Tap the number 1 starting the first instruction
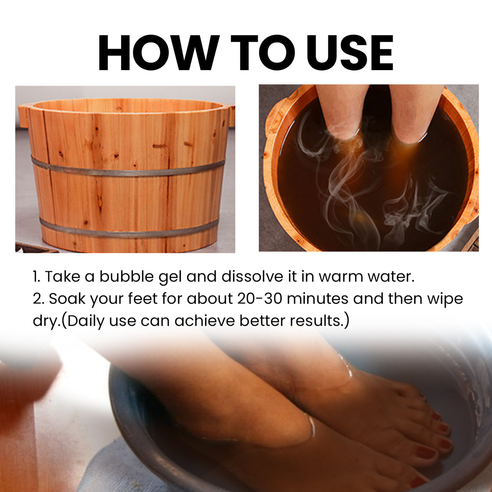[36, 276]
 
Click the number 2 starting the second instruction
[38, 299]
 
